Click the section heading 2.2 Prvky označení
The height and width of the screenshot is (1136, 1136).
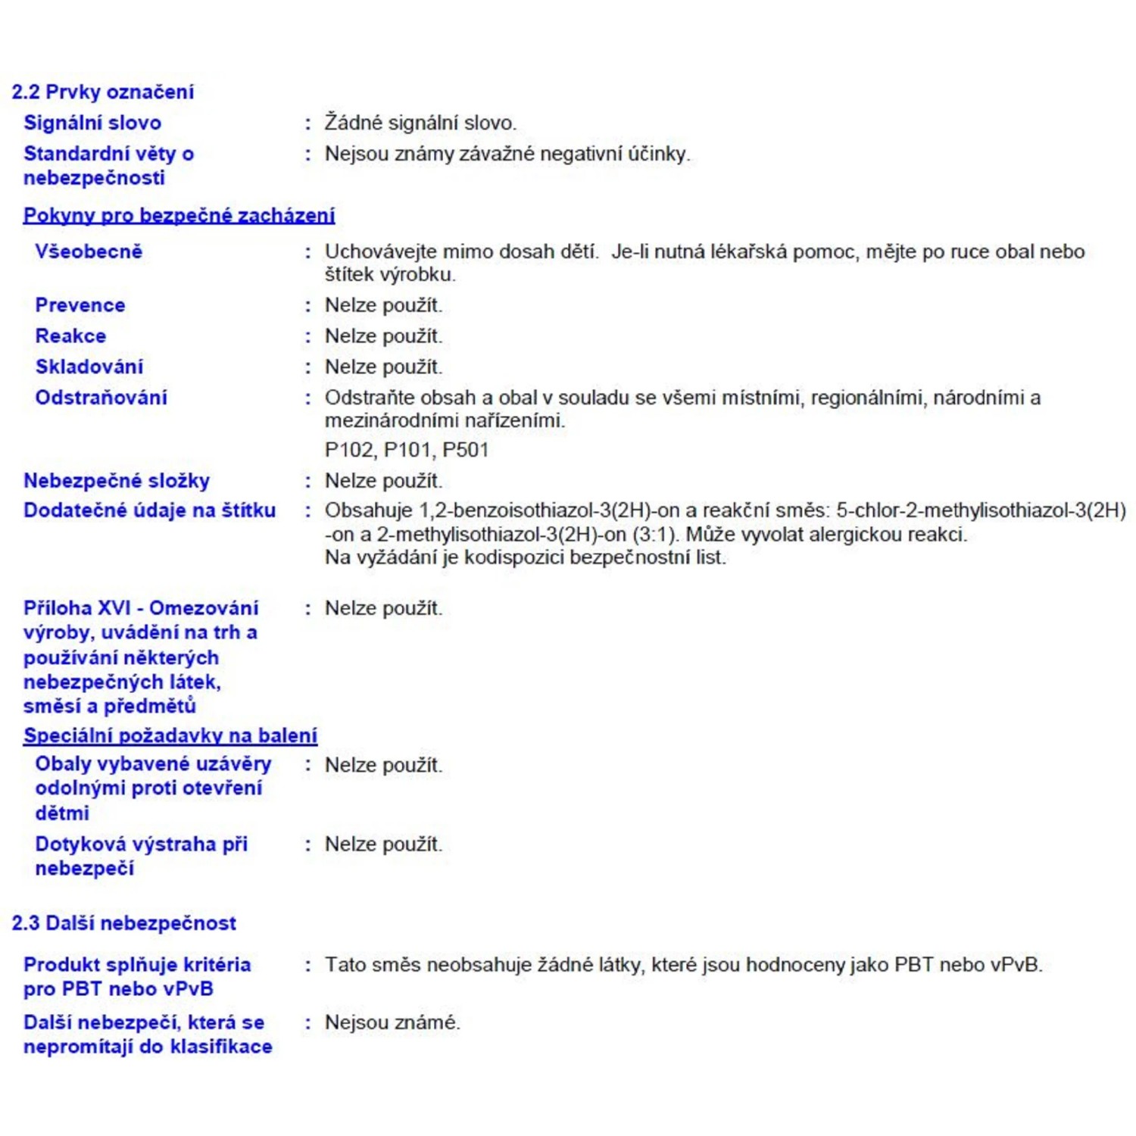click(x=103, y=92)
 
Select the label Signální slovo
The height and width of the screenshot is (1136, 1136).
click(x=92, y=123)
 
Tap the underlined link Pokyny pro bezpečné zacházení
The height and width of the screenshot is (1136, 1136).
click(x=179, y=215)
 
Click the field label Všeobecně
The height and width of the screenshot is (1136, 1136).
click(x=89, y=251)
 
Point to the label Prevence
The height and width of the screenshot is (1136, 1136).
click(x=80, y=305)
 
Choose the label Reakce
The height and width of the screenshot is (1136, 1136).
click(x=70, y=335)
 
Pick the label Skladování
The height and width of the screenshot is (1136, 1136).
click(x=89, y=367)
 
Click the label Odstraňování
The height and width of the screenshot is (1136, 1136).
click(x=101, y=398)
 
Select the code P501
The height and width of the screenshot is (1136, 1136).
click(x=466, y=450)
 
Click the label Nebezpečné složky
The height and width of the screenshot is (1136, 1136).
click(x=117, y=481)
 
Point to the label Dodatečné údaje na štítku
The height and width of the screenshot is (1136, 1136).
click(x=149, y=510)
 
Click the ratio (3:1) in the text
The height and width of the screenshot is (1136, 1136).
click(x=654, y=535)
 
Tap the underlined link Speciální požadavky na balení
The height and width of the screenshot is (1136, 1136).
click(x=170, y=735)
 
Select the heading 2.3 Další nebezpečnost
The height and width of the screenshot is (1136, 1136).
click(x=124, y=923)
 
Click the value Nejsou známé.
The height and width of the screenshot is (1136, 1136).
click(x=392, y=1022)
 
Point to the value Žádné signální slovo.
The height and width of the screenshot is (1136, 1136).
click(x=420, y=123)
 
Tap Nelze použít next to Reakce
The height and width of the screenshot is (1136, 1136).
click(x=383, y=335)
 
